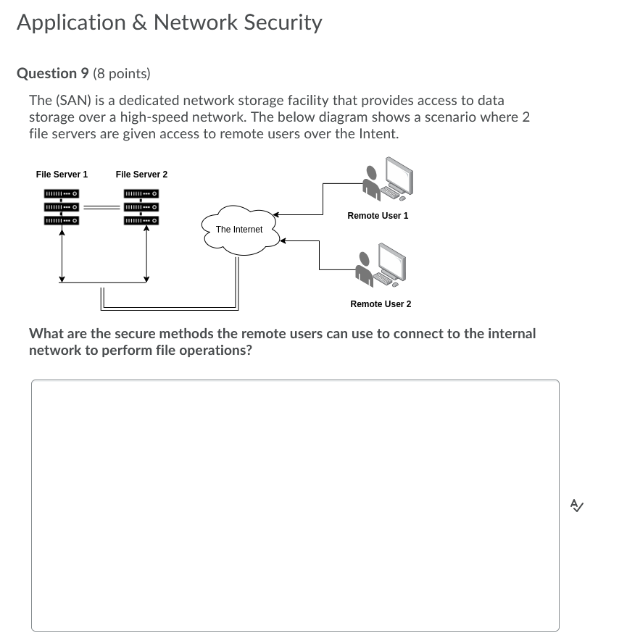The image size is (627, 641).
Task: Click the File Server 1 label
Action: click(62, 175)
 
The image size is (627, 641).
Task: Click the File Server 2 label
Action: click(141, 175)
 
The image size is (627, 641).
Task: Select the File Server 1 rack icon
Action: click(62, 206)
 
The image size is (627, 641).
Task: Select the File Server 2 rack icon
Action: click(141, 206)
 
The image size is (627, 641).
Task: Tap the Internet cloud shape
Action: click(239, 230)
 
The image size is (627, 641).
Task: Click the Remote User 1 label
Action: click(378, 216)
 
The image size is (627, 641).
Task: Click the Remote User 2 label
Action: click(381, 304)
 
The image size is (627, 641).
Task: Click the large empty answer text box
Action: click(295, 505)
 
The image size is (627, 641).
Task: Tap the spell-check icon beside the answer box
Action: click(577, 506)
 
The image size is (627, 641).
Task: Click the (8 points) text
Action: click(122, 73)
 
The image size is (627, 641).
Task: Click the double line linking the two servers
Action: click(100, 206)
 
